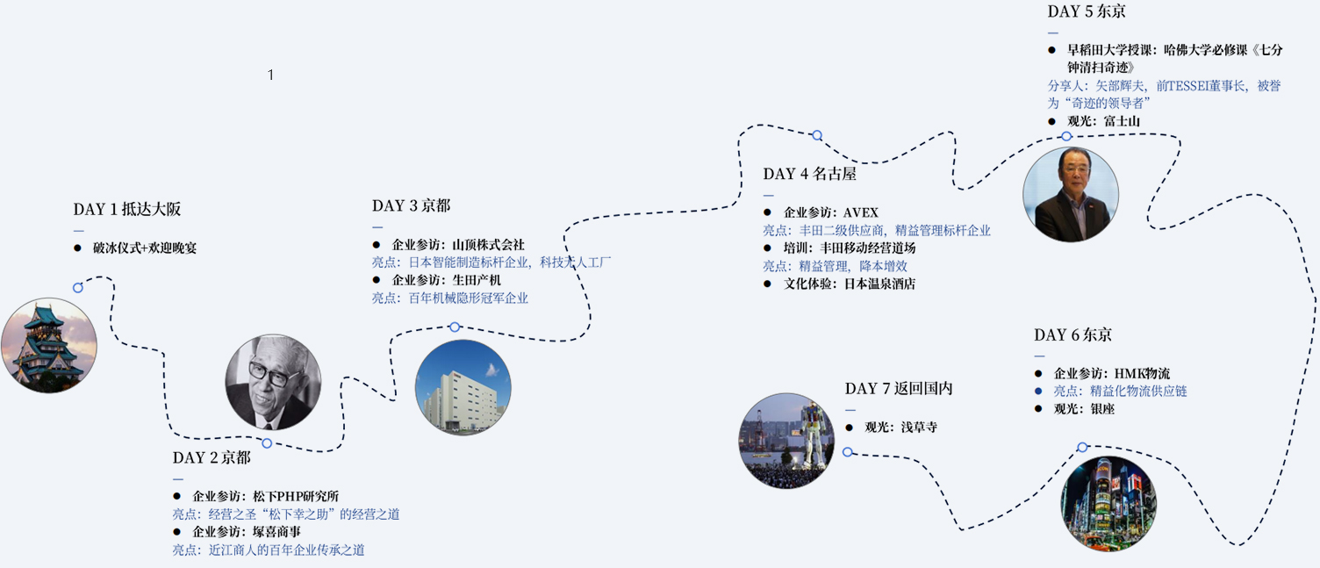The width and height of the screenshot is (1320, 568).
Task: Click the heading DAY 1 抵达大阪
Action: [126, 209]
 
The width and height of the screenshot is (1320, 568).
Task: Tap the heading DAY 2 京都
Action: [212, 457]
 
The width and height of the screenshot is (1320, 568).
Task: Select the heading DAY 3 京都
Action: [411, 205]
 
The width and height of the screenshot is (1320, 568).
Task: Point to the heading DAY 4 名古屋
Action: [810, 174]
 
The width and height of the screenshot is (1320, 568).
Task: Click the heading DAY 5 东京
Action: [1087, 11]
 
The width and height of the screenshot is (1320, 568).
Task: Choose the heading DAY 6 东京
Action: [1072, 334]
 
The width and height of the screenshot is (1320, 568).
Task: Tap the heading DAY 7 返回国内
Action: [899, 388]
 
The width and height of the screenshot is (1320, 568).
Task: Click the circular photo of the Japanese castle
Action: [49, 345]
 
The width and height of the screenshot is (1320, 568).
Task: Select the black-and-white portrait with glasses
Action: [274, 383]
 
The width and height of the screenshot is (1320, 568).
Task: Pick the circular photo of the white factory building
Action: [463, 388]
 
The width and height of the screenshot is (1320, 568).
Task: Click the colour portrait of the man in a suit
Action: [1071, 194]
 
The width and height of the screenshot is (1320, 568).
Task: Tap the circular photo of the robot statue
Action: [786, 441]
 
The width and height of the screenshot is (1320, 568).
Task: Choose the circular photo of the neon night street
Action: [1109, 504]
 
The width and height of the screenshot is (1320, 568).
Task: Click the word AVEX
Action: [860, 212]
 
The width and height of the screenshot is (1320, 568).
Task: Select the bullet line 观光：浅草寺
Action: [891, 428]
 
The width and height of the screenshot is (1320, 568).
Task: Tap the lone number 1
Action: [270, 75]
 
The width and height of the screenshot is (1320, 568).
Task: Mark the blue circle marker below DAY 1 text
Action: [78, 288]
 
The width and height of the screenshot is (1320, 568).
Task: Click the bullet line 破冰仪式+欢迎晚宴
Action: [135, 248]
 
